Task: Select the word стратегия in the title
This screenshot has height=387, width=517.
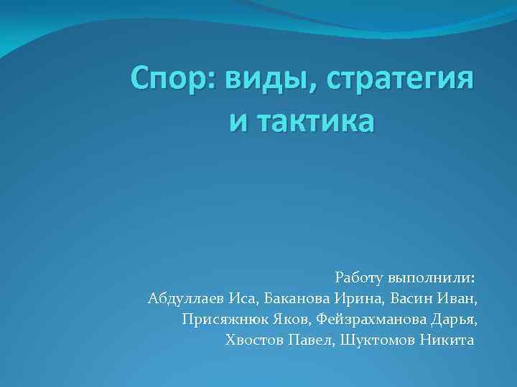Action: pyautogui.click(x=400, y=82)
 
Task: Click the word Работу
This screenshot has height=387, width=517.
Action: pyautogui.click(x=359, y=277)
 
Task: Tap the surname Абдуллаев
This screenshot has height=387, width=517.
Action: pyautogui.click(x=185, y=297)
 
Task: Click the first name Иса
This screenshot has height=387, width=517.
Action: pyautogui.click(x=242, y=297)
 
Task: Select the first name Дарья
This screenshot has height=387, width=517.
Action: pyautogui.click(x=455, y=318)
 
